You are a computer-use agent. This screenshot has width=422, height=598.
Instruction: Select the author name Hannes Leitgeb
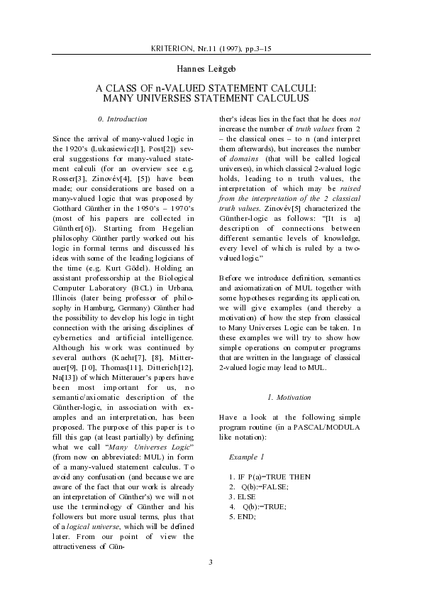[211, 69]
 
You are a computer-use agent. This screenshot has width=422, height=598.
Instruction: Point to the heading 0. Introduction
[123, 119]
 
